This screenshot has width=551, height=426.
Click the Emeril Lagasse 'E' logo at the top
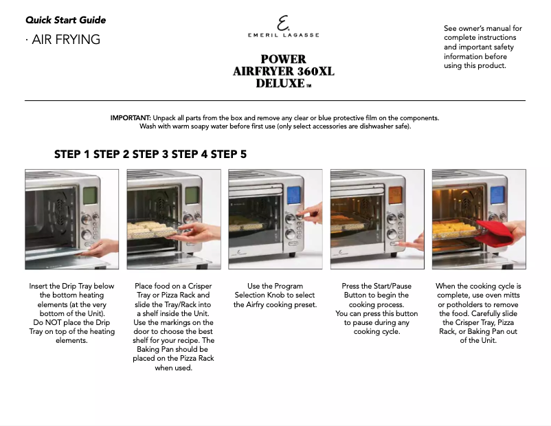tap(283, 23)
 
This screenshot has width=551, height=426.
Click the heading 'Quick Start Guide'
tap(65, 20)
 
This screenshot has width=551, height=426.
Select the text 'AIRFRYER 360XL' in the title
tap(283, 71)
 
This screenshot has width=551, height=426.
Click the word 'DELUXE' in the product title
tap(280, 84)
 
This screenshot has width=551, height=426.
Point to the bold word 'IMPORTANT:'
tap(131, 118)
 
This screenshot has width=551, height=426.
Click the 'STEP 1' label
tap(72, 155)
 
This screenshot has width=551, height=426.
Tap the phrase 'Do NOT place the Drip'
tap(71, 322)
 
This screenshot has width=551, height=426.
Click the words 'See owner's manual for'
tap(482, 28)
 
